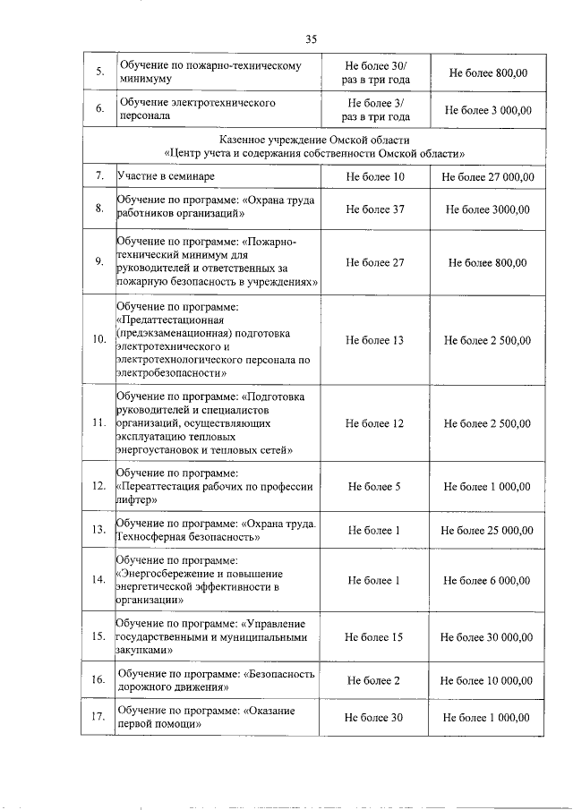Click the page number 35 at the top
click(x=311, y=38)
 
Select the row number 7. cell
click(x=98, y=177)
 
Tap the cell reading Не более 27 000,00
click(x=487, y=177)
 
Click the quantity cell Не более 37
click(x=374, y=209)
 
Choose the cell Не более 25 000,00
click(x=487, y=531)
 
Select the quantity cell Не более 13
click(x=374, y=341)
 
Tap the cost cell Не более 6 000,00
click(x=487, y=581)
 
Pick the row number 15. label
click(x=98, y=637)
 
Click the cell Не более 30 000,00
click(x=487, y=637)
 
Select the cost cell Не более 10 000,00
click(x=487, y=681)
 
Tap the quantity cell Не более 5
click(x=374, y=487)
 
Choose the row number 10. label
click(x=98, y=341)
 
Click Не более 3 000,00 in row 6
click(x=487, y=110)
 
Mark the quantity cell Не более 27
click(x=374, y=262)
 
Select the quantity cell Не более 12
click(x=374, y=423)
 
